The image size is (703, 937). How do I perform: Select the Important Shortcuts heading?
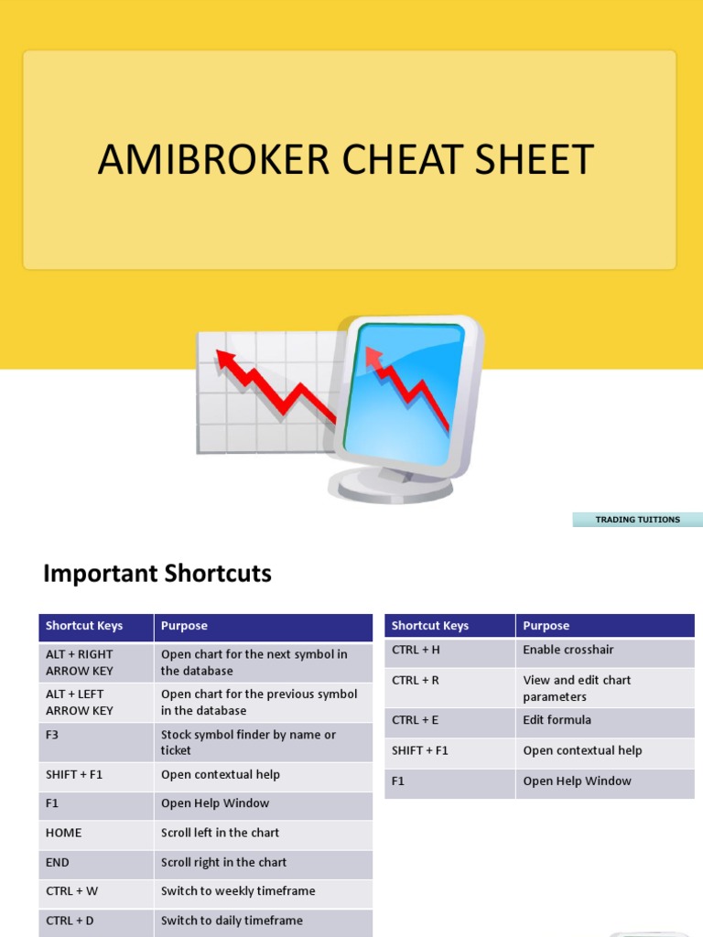[157, 574]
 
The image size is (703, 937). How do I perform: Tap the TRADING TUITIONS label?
[637, 520]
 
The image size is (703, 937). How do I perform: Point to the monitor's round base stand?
[394, 485]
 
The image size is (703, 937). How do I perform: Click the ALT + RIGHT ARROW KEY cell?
[96, 662]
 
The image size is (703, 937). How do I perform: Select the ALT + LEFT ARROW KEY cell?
[96, 702]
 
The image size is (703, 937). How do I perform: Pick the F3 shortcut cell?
[96, 742]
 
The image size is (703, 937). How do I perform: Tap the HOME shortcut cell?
[96, 833]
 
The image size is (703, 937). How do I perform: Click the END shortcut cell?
[96, 862]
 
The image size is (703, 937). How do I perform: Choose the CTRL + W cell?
[96, 891]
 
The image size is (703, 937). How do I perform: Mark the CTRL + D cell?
[96, 921]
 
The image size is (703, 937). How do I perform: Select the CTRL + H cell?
[449, 651]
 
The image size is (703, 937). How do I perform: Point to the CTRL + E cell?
[449, 720]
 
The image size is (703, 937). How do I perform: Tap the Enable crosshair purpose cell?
[604, 651]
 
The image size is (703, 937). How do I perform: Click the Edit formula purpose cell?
[604, 720]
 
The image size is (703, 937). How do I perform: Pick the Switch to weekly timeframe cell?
[264, 891]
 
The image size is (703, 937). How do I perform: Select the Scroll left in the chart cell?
[264, 833]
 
